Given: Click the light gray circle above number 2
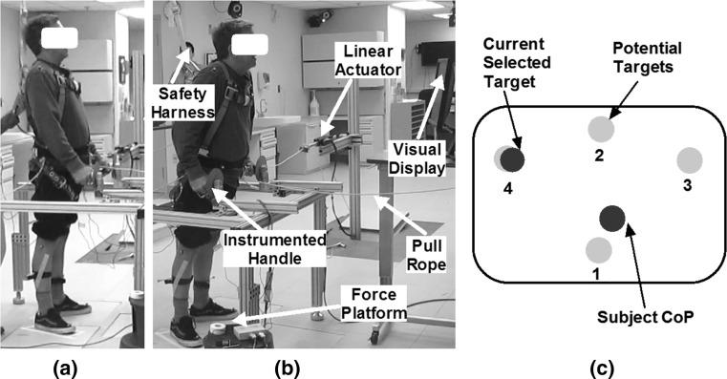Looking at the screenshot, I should (599, 128).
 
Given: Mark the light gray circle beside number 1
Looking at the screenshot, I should (598, 249).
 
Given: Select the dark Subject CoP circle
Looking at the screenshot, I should (611, 219).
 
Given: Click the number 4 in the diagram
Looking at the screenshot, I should (507, 189).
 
